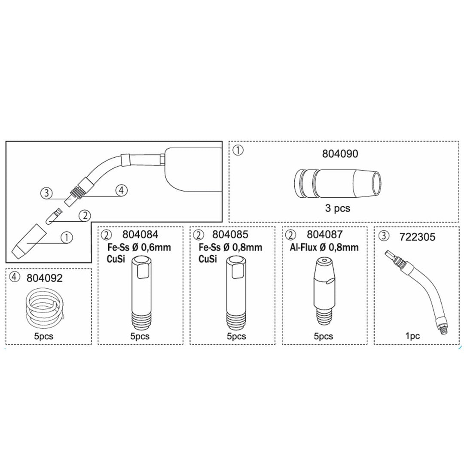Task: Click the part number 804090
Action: pyautogui.click(x=340, y=153)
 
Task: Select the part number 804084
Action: pyautogui.click(x=140, y=235)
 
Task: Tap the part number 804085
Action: pyautogui.click(x=230, y=235)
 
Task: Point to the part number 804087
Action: pyautogui.click(x=325, y=235)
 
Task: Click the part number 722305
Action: pyautogui.click(x=417, y=237)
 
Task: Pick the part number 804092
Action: pyautogui.click(x=44, y=278)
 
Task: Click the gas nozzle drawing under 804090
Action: pyautogui.click(x=338, y=183)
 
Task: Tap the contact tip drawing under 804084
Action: pyautogui.click(x=141, y=293)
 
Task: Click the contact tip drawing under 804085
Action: pyautogui.click(x=236, y=293)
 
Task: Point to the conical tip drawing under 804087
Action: pyautogui.click(x=325, y=291)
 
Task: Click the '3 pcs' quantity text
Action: pyautogui.click(x=338, y=208)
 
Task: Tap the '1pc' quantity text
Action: pyautogui.click(x=412, y=336)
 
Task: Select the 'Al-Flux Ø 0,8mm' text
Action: pyautogui.click(x=324, y=247)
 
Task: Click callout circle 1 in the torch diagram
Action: pyautogui.click(x=67, y=237)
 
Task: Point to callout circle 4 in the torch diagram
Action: pyautogui.click(x=121, y=190)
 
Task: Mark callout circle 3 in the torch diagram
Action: pyautogui.click(x=46, y=193)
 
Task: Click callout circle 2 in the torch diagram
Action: pyautogui.click(x=85, y=215)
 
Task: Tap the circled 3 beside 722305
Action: pyautogui.click(x=384, y=236)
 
